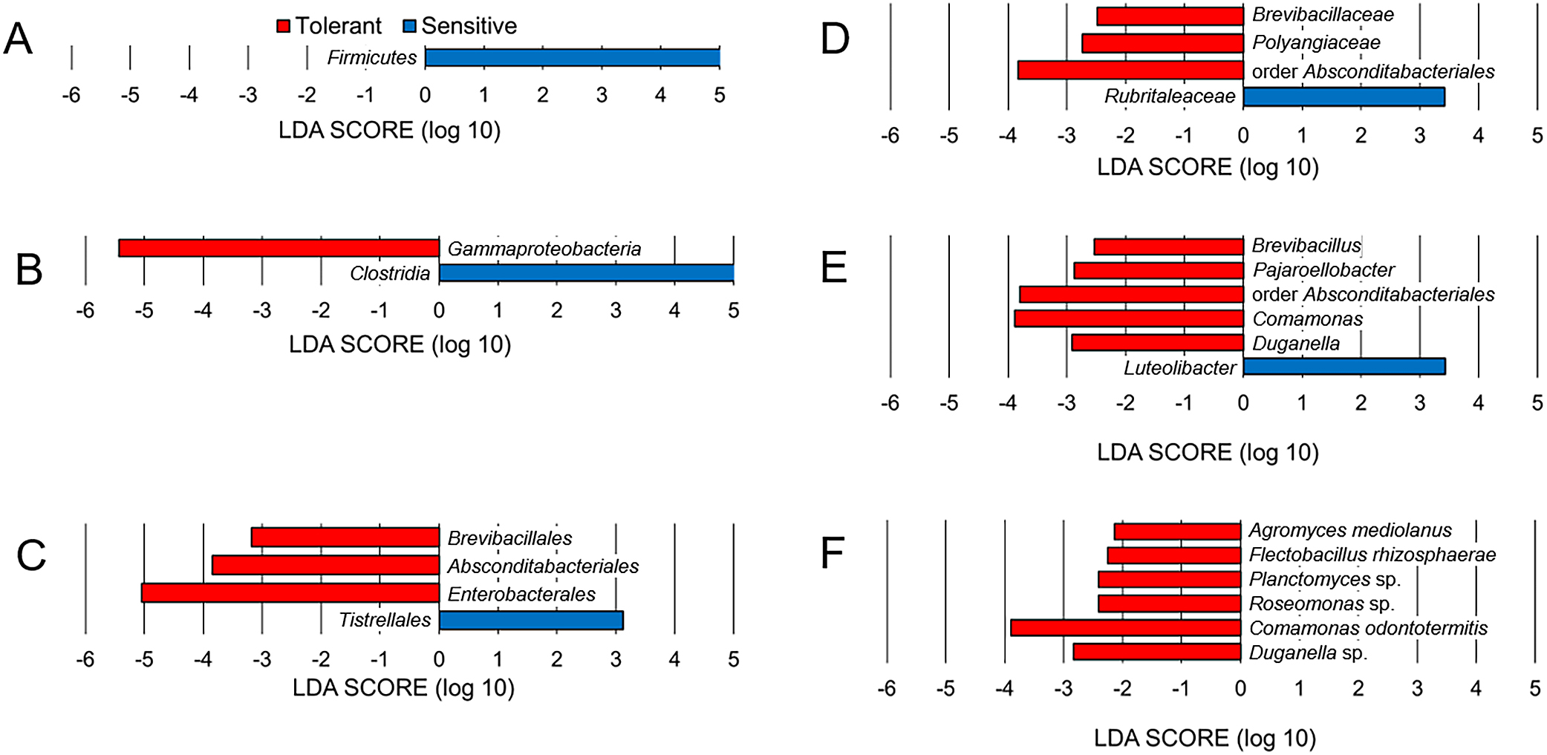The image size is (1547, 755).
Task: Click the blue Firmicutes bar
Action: (x=573, y=58)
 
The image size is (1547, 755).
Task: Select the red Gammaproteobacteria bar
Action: (x=279, y=248)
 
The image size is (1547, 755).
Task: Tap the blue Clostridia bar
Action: (x=587, y=272)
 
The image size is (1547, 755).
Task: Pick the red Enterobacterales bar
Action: (x=290, y=593)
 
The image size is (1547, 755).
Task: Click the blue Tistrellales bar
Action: (x=531, y=620)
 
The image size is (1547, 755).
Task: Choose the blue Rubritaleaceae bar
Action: (x=1344, y=97)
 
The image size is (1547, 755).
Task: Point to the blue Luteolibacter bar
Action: (x=1344, y=366)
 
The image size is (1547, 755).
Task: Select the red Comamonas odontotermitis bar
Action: (x=1126, y=627)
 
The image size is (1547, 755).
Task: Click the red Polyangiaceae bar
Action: (x=1163, y=43)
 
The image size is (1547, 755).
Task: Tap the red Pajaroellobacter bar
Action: (x=1159, y=270)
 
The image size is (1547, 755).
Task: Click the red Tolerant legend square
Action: (x=283, y=27)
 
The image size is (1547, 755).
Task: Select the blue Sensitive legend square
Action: (x=409, y=27)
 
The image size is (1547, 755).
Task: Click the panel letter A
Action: (x=19, y=39)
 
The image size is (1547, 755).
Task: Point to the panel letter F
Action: (x=833, y=552)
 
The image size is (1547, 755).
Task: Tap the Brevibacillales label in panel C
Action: (x=509, y=538)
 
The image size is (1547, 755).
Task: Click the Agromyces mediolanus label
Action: (x=1350, y=530)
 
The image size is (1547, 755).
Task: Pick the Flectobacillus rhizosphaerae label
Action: (x=1372, y=555)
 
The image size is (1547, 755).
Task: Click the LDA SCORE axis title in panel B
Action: (x=400, y=344)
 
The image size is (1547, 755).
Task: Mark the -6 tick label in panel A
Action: (x=71, y=95)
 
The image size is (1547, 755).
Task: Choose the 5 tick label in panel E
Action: (x=1537, y=403)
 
